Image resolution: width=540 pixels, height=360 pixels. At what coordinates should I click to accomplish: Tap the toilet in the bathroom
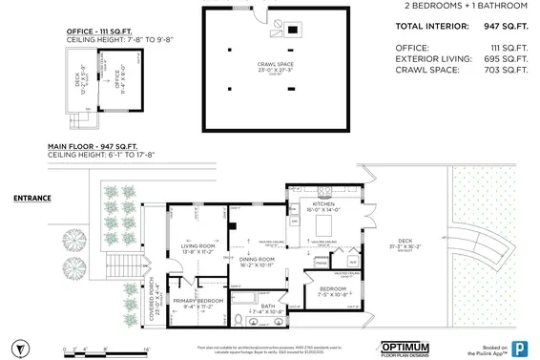(235, 319)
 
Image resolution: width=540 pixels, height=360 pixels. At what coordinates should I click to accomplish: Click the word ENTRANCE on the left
(32, 199)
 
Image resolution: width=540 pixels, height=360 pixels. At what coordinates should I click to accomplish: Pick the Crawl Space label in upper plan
(275, 66)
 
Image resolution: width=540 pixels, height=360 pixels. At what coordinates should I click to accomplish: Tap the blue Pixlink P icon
(520, 348)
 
